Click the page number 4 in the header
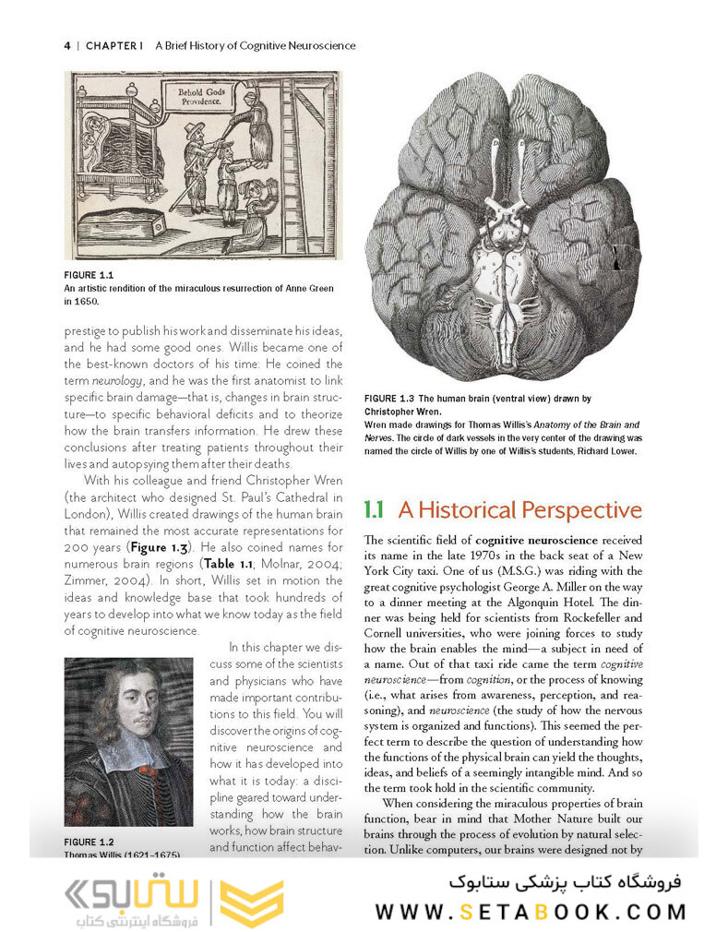(x=67, y=44)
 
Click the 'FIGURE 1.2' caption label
(x=89, y=842)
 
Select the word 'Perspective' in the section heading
(x=582, y=510)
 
